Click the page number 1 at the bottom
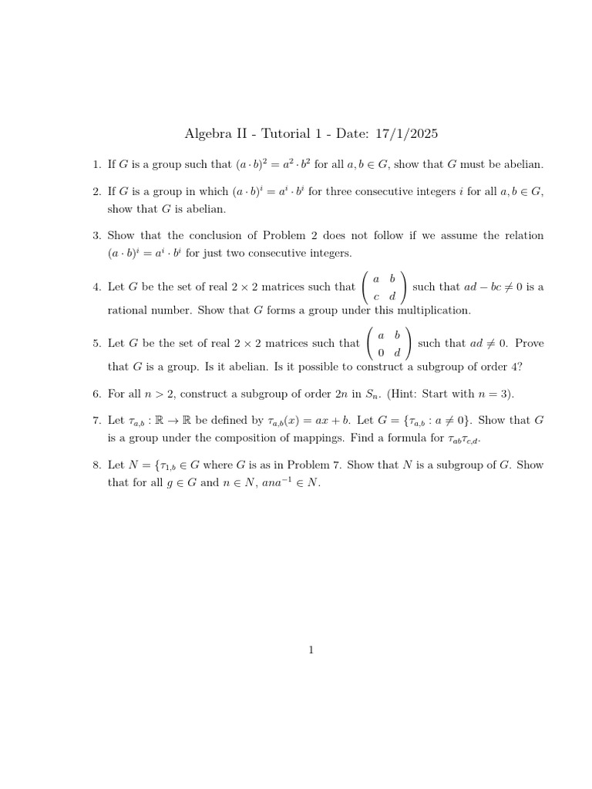tap(311, 650)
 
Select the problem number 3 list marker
tap(96, 236)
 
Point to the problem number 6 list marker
tap(96, 394)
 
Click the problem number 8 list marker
tap(96, 465)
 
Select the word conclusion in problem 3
tap(219, 236)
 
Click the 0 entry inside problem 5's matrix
tap(381, 353)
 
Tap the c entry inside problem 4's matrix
tap(376, 296)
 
